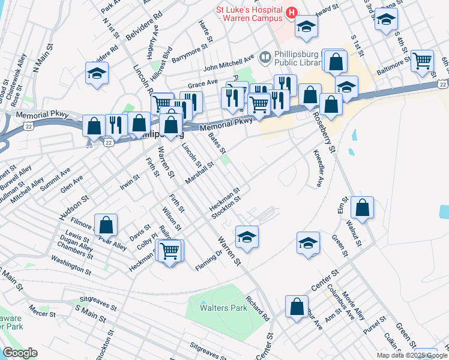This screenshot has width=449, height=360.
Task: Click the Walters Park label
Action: tap(224, 308)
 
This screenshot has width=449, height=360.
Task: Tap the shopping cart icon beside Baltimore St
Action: tap(423, 61)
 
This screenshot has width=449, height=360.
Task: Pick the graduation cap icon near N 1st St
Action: tap(96, 74)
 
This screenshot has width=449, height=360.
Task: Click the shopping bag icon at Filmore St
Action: tap(106, 226)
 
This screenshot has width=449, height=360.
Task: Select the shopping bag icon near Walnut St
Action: tap(362, 208)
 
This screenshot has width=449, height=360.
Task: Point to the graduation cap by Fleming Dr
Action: tap(247, 237)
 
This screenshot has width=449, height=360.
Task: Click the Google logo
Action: tap(20, 353)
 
